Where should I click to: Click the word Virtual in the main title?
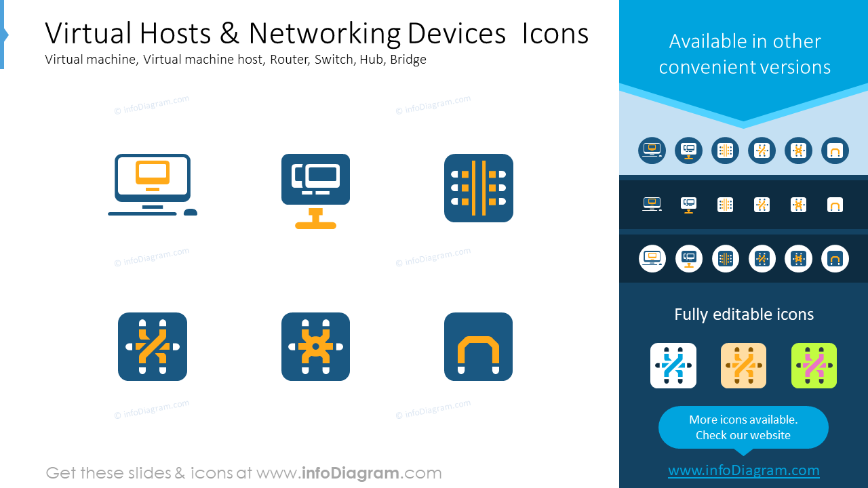pos(89,33)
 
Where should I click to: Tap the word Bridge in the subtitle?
pos(408,59)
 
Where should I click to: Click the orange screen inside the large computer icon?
pos(153,173)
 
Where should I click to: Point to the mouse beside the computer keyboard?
pos(191,212)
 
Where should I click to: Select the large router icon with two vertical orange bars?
pos(479,188)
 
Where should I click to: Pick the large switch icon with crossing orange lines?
pos(153,346)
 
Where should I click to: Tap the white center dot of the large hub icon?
pos(315,346)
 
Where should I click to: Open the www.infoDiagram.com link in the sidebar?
pos(744,470)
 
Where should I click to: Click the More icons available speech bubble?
pos(743,428)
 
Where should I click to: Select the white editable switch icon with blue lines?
pos(673,365)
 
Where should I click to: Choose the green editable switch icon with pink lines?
pos(814,365)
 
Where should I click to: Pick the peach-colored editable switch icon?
pos(743,365)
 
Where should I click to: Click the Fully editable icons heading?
pos(744,314)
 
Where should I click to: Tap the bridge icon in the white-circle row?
pos(835,259)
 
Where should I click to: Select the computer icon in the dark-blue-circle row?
pos(652,150)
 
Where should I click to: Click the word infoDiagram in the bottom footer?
pos(351,473)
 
